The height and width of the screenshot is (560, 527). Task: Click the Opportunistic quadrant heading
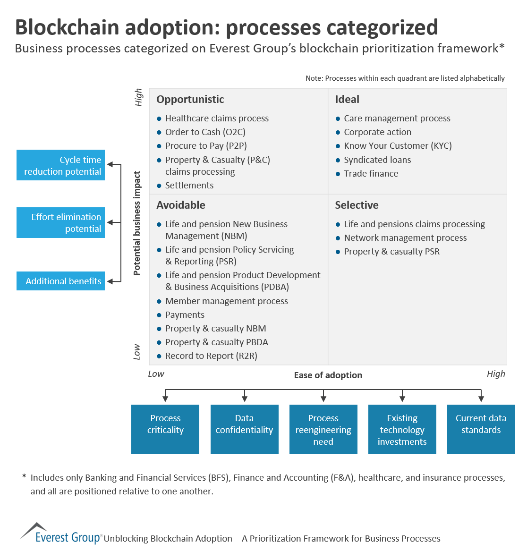190,99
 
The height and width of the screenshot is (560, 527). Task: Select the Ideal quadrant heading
347,99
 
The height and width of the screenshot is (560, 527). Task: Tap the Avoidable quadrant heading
181,205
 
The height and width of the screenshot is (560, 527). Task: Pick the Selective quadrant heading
357,205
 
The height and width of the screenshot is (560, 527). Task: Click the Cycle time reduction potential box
60,165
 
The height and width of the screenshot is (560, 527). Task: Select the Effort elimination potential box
60,222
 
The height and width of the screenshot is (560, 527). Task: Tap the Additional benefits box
60,281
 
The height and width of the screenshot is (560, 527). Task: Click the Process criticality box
165,429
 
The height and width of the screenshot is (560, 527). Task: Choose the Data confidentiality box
244,429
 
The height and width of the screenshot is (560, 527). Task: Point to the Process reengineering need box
323,429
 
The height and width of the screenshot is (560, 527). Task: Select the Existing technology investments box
402,429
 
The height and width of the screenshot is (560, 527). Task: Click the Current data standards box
481,429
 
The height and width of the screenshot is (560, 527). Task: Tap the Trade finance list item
371,174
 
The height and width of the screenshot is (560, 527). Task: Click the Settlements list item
189,186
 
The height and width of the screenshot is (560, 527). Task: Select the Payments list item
185,315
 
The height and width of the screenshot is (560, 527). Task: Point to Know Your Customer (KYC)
398,146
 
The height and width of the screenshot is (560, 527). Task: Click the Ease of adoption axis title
328,375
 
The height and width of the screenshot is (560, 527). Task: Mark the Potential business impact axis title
137,223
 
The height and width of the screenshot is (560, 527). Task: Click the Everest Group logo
61,535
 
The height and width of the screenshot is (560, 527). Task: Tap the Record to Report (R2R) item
211,356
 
